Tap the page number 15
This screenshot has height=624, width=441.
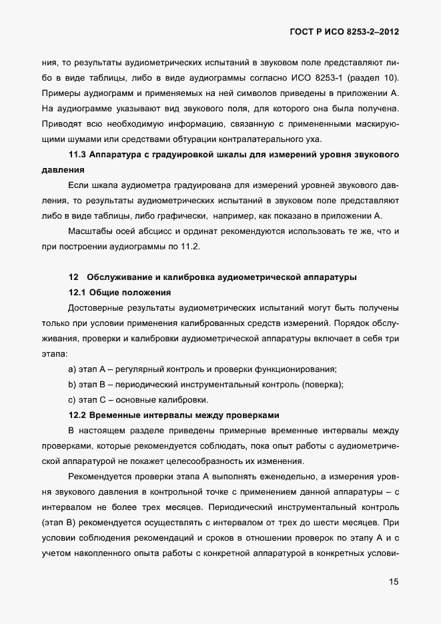click(394, 582)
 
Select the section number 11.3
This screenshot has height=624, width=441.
click(79, 155)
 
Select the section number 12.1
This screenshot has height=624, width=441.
click(79, 293)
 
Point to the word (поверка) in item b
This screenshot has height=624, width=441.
click(322, 385)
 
